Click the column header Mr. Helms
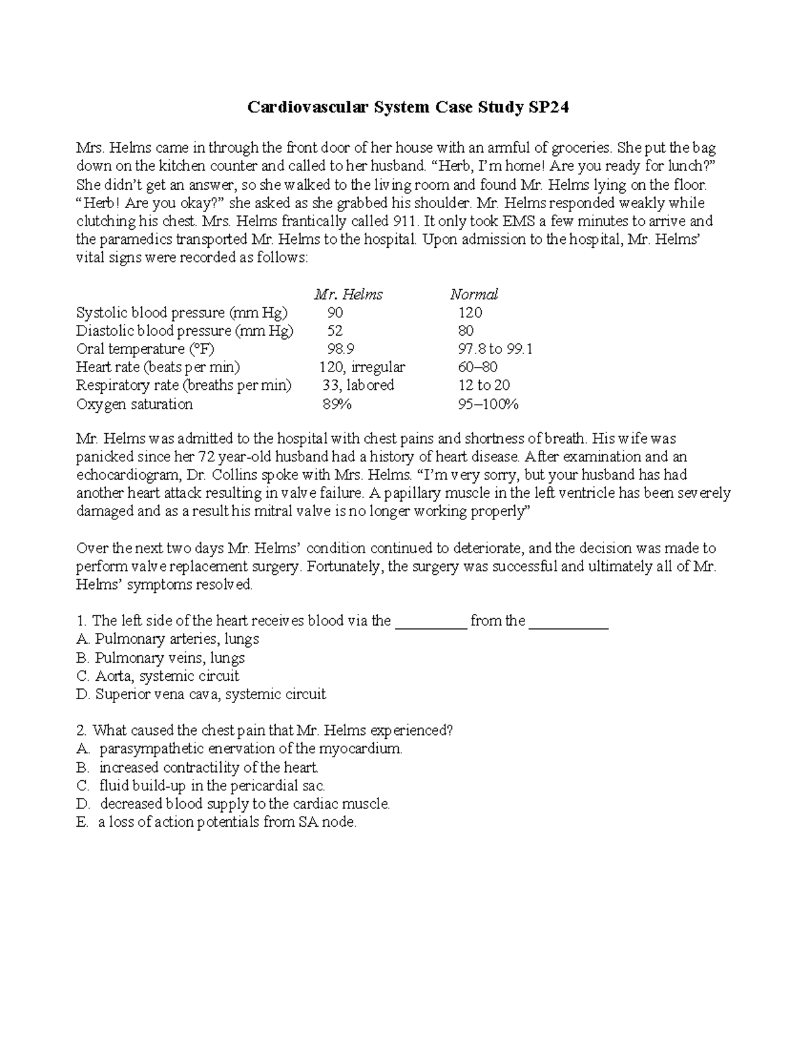click(x=348, y=295)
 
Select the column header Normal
click(x=474, y=295)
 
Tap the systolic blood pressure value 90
click(x=335, y=313)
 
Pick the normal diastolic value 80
click(x=466, y=331)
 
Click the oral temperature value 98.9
click(x=340, y=349)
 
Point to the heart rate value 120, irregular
click(x=362, y=367)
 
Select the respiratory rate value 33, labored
click(x=358, y=386)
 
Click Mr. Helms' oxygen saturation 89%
click(x=337, y=405)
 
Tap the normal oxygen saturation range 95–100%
click(x=488, y=405)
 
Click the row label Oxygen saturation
click(x=134, y=405)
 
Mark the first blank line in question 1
click(x=431, y=621)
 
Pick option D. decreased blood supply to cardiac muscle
click(x=234, y=804)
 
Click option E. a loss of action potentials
click(x=216, y=823)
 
